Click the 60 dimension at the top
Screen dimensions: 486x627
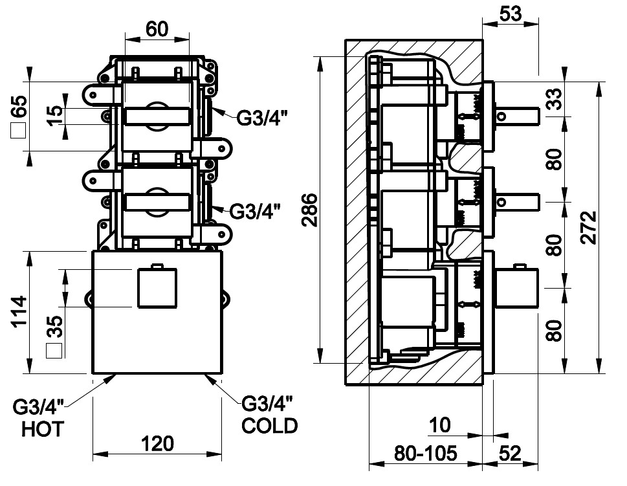(x=157, y=29)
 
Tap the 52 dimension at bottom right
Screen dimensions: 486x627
(x=511, y=453)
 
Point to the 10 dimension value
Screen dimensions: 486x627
(x=440, y=426)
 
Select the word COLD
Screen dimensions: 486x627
(x=269, y=426)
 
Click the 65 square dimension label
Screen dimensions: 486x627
(x=19, y=107)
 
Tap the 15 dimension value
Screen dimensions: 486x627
(x=56, y=115)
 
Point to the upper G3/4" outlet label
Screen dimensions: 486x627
(x=261, y=118)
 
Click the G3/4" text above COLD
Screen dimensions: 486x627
(x=267, y=404)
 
